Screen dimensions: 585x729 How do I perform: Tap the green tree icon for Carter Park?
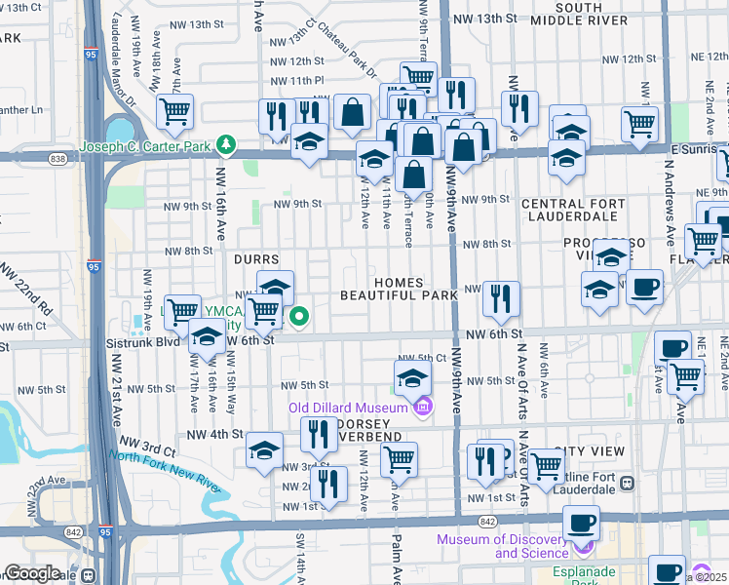click(x=226, y=145)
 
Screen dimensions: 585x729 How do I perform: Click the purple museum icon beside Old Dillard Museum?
click(x=421, y=407)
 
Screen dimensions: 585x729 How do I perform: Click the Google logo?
click(x=32, y=573)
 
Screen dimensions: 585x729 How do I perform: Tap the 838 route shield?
click(x=58, y=157)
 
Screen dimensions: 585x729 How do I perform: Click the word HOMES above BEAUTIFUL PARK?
click(x=398, y=282)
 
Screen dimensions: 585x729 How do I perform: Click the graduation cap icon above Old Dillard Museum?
click(x=412, y=377)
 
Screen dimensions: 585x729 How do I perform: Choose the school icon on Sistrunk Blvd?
click(x=206, y=337)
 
